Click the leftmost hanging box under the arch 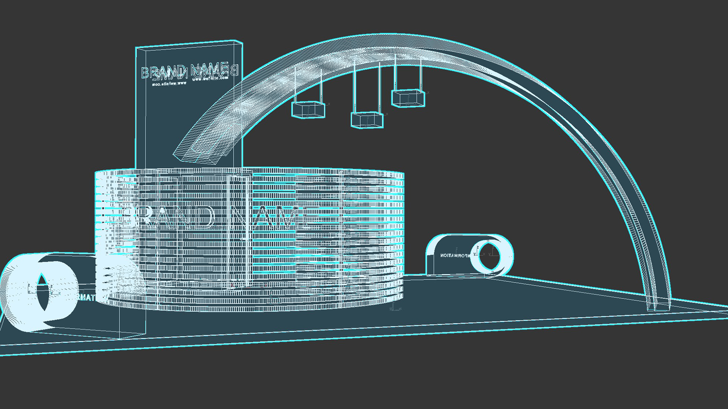tap(308, 109)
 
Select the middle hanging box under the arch tap(367, 120)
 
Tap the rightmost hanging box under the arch tap(408, 98)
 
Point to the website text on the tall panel tap(210, 79)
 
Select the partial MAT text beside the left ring tap(86, 298)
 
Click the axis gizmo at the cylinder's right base tap(394, 308)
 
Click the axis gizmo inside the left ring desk tap(30, 290)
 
